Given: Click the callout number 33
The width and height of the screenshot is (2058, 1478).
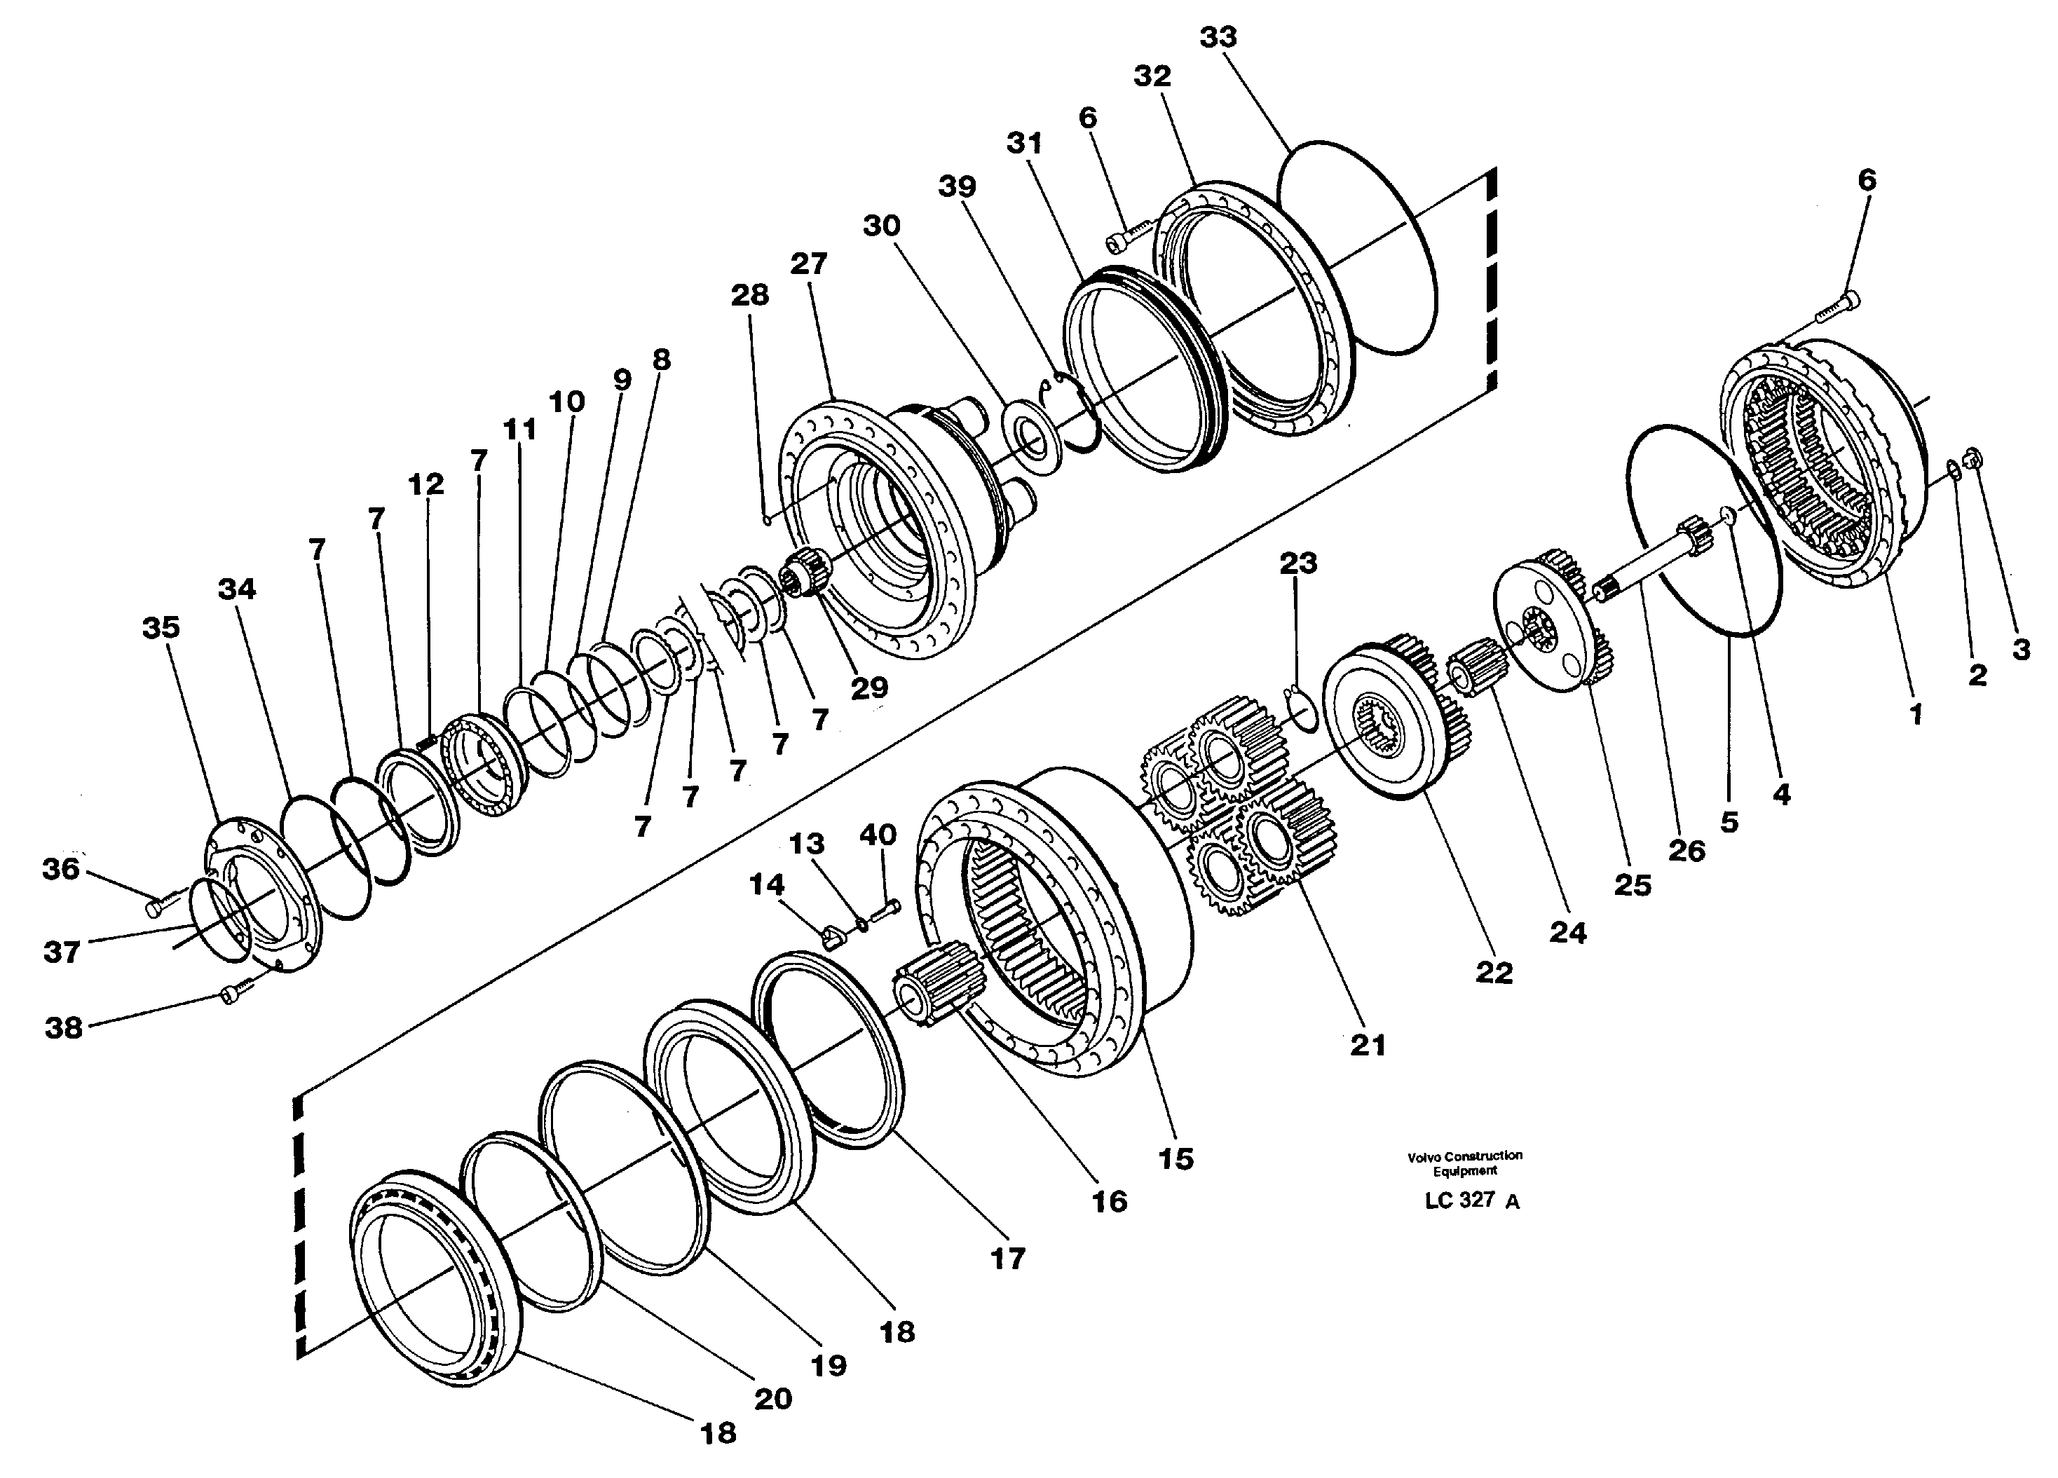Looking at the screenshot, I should point(1218,37).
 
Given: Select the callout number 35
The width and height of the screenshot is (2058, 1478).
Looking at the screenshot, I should point(161,628).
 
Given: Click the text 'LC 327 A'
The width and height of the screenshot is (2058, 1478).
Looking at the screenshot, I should point(1471,1200).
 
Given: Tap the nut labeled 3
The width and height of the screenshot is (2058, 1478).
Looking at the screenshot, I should point(1969,458).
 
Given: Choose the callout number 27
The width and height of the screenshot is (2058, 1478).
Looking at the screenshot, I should point(807,264).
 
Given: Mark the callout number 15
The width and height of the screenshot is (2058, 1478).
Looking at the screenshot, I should point(1176,1158).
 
